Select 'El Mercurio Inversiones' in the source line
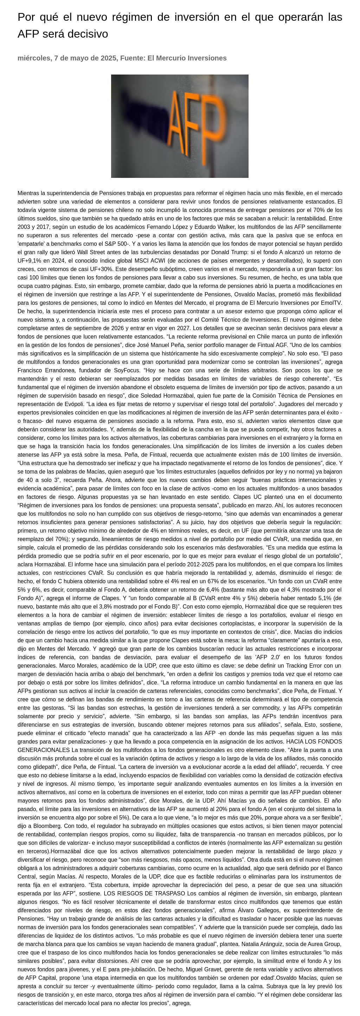(187, 58)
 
